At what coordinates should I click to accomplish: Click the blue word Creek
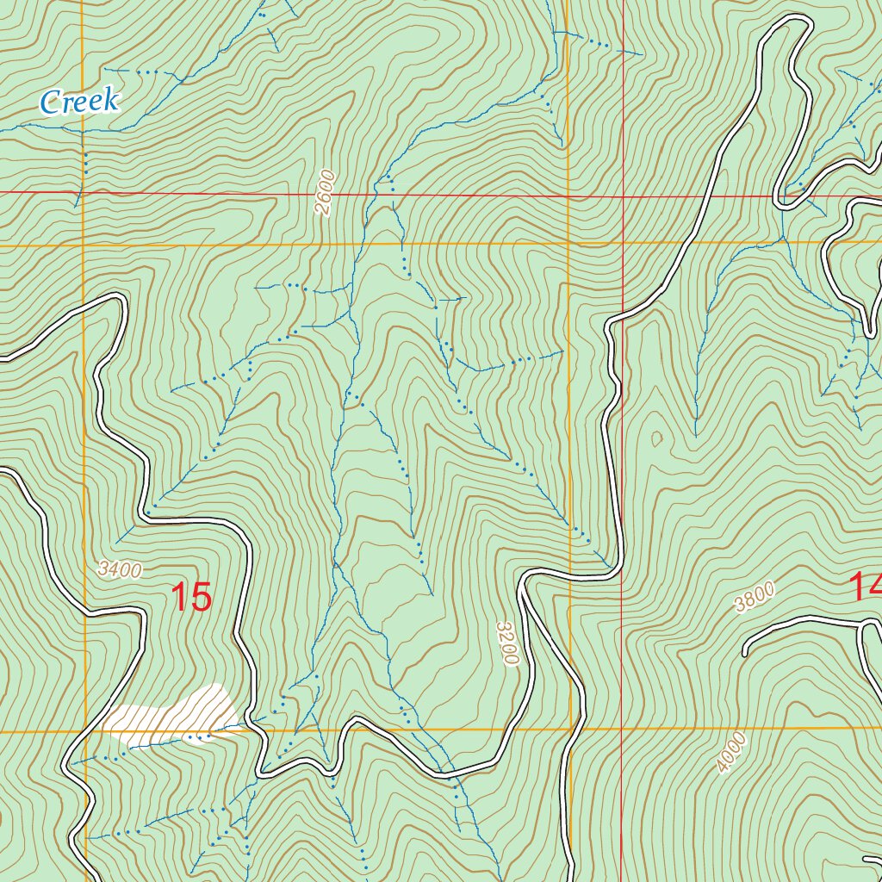pyautogui.click(x=79, y=102)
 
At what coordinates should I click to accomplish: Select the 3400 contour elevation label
pyautogui.click(x=119, y=569)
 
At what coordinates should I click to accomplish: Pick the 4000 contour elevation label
pyautogui.click(x=730, y=754)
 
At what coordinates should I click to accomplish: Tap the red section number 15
pyautogui.click(x=191, y=597)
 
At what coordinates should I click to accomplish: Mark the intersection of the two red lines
pyautogui.click(x=622, y=196)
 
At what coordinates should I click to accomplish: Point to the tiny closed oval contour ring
pyautogui.click(x=658, y=439)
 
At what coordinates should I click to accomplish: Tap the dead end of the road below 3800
pyautogui.click(x=746, y=654)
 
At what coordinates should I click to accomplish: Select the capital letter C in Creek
pyautogui.click(x=51, y=102)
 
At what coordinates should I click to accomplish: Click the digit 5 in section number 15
pyautogui.click(x=201, y=597)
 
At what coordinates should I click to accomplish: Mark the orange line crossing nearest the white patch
pyautogui.click(x=84, y=731)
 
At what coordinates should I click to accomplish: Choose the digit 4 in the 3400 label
pyautogui.click(x=113, y=568)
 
